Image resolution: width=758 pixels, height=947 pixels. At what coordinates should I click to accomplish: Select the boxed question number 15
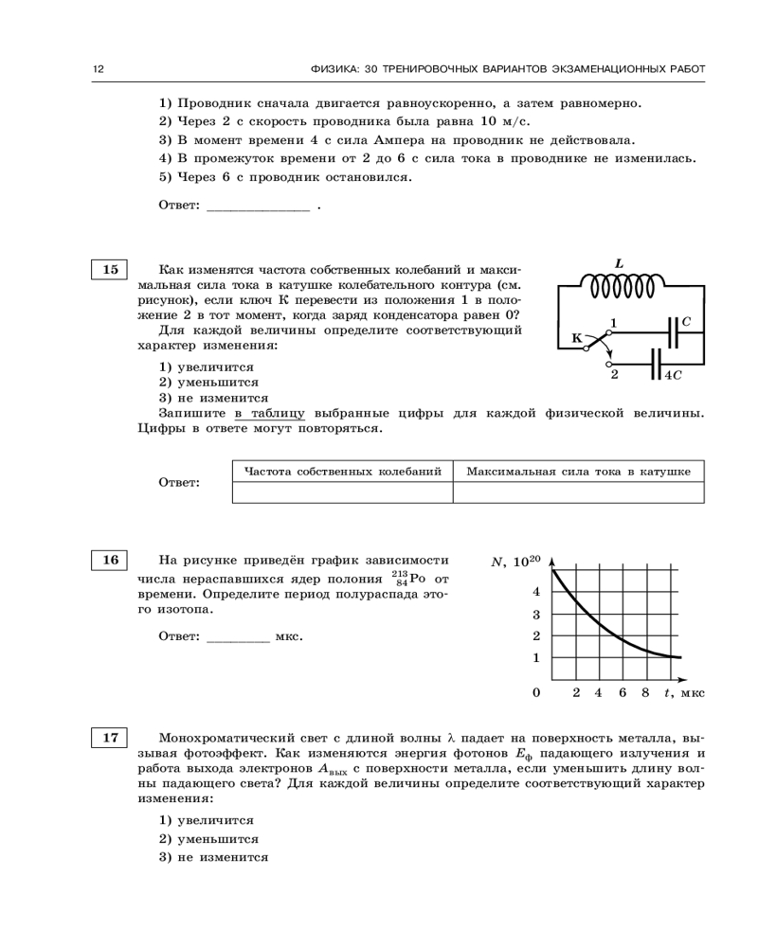pos(110,270)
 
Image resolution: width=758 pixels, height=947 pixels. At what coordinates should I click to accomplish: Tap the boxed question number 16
pos(110,560)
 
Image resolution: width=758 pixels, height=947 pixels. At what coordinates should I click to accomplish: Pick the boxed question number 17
pos(110,737)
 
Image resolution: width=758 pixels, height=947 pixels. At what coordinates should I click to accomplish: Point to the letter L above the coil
pos(619,262)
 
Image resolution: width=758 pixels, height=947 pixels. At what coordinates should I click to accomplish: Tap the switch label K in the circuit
pos(576,337)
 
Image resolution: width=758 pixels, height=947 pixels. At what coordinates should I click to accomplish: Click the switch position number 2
pos(614,374)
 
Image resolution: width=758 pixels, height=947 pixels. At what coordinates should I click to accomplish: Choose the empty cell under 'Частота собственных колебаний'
pos(342,492)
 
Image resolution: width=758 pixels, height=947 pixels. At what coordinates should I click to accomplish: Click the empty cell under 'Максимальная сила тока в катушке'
pos(578,492)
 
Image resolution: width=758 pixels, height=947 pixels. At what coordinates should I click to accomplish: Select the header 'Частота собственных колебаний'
pos(342,471)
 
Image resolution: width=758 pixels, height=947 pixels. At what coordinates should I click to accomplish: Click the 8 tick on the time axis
pos(644,693)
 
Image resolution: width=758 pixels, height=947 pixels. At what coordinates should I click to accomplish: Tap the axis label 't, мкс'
pos(682,693)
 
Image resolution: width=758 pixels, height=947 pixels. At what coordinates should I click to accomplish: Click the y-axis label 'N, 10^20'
pos(515,562)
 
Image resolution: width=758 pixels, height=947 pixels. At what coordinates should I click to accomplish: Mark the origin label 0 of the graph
pos(536,693)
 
